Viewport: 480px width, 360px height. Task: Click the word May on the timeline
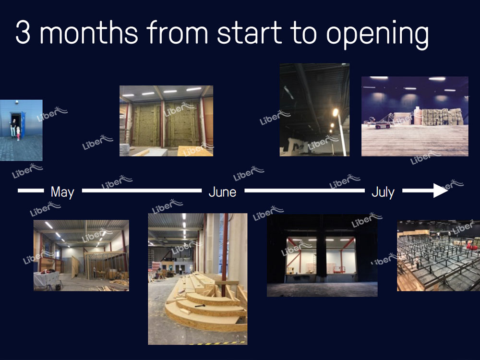click(62, 192)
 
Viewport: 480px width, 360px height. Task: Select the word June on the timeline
click(222, 192)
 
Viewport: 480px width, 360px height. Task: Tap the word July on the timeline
click(383, 192)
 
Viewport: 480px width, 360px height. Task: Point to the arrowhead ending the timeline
click(441, 191)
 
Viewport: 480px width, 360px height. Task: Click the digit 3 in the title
click(23, 33)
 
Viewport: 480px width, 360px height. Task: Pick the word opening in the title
click(377, 35)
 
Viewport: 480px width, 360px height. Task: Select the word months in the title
click(89, 33)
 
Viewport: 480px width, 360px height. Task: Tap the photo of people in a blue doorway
click(21, 130)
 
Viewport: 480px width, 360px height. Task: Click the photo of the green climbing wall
click(166, 121)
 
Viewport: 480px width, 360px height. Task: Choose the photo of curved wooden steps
click(198, 279)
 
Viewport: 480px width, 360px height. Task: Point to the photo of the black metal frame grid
click(438, 256)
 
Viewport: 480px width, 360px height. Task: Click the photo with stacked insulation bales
click(415, 116)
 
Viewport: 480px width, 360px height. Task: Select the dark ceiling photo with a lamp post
click(314, 109)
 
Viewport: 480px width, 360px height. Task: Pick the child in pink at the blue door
click(18, 133)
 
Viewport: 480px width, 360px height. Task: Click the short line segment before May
click(31, 191)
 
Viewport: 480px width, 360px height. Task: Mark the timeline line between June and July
click(305, 191)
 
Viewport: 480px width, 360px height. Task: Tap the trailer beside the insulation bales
click(381, 121)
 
